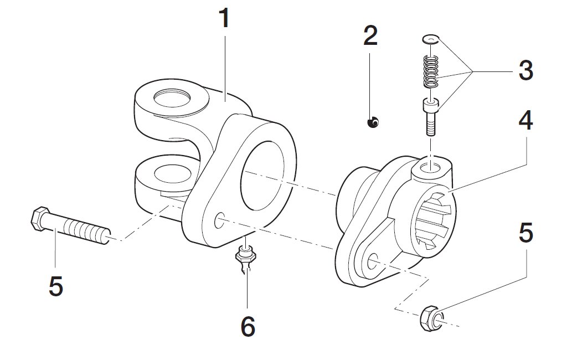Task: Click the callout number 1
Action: [224, 18]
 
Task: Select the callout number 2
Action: [370, 35]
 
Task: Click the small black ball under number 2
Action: [373, 122]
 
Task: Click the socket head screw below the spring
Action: [430, 117]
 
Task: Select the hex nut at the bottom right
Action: [430, 317]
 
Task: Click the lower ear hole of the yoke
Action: [173, 174]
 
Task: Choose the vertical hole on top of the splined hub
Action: [430, 167]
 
